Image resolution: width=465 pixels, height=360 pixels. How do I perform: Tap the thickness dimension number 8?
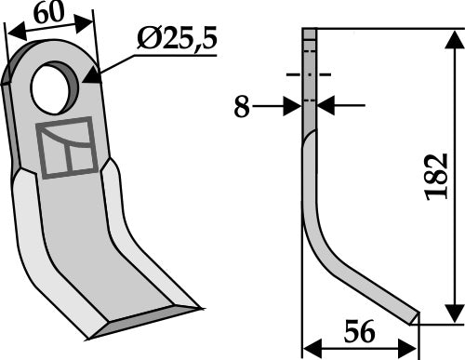click(241, 108)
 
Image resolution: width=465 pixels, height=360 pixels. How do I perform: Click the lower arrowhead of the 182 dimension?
click(453, 316)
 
